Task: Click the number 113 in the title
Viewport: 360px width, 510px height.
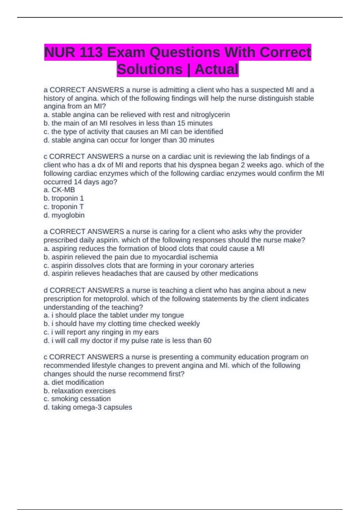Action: pyautogui.click(x=93, y=52)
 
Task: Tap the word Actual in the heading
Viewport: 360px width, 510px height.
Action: pyautogui.click(x=216, y=69)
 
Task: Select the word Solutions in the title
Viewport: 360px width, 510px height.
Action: pyautogui.click(x=149, y=69)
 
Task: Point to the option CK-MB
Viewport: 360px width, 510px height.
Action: pyautogui.click(x=63, y=190)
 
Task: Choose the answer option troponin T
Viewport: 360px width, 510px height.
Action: pyautogui.click(x=67, y=207)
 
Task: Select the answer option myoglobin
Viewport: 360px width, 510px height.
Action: pyautogui.click(x=68, y=215)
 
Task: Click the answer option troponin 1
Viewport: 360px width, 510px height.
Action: pyautogui.click(x=67, y=198)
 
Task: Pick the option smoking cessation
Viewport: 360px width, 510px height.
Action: pyautogui.click(x=81, y=399)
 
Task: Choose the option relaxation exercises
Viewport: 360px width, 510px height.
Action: pyautogui.click(x=83, y=391)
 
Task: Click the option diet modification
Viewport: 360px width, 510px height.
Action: pyautogui.click(x=77, y=382)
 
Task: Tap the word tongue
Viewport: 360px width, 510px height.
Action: pyautogui.click(x=173, y=315)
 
